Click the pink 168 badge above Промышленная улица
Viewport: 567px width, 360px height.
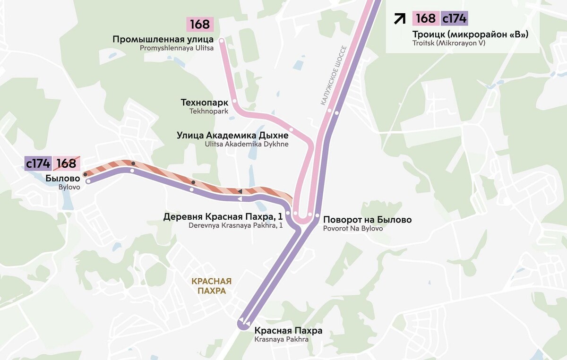click(200, 24)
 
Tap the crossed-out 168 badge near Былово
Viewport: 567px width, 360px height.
click(67, 163)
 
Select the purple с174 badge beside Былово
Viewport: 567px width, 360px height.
click(38, 163)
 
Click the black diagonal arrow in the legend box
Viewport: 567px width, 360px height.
click(400, 18)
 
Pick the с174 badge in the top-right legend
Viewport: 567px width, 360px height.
click(454, 18)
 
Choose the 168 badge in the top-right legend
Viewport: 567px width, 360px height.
click(426, 18)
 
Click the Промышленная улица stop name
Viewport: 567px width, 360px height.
click(163, 39)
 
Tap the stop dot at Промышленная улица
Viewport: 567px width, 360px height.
click(222, 41)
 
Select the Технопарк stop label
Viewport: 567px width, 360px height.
click(205, 103)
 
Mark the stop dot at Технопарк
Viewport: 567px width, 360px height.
click(234, 101)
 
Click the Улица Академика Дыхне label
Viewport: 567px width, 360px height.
click(232, 136)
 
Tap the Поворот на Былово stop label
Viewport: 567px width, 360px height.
click(367, 220)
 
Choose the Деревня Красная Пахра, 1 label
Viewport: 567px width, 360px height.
click(223, 217)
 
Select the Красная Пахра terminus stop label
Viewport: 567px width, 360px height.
click(288, 331)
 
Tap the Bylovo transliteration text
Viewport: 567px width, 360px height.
click(69, 187)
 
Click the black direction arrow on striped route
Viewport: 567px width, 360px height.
click(240, 191)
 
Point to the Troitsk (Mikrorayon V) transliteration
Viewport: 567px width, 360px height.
click(449, 43)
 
